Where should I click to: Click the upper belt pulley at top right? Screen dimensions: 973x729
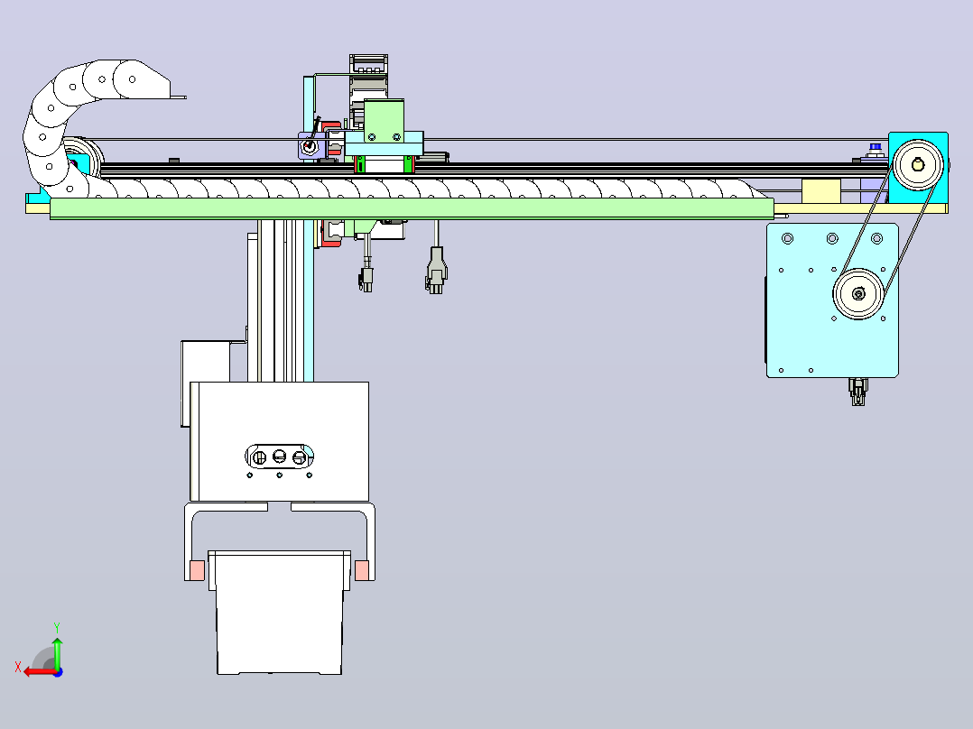click(918, 164)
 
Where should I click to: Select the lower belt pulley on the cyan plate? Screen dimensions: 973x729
click(858, 294)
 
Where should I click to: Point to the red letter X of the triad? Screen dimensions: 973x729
click(18, 668)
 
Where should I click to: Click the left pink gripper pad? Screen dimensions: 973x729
click(197, 570)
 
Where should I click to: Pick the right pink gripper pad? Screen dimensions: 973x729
click(362, 570)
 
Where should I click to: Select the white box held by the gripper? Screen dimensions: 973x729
click(279, 613)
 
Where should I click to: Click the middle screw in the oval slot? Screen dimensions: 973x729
click(279, 457)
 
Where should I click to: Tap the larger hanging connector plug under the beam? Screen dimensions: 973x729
click(436, 272)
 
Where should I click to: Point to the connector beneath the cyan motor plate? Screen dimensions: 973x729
click(857, 392)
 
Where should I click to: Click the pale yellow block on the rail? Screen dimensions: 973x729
click(821, 191)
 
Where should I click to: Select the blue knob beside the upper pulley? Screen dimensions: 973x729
click(875, 147)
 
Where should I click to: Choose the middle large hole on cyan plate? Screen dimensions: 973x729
click(832, 238)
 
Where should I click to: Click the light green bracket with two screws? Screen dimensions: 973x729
click(384, 121)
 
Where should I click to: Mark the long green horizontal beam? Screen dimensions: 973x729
click(412, 208)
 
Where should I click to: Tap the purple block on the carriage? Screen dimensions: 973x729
click(309, 146)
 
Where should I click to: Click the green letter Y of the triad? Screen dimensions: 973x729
click(57, 628)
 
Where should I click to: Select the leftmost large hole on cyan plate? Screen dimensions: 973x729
click(787, 238)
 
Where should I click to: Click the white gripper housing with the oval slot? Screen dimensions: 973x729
click(279, 441)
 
